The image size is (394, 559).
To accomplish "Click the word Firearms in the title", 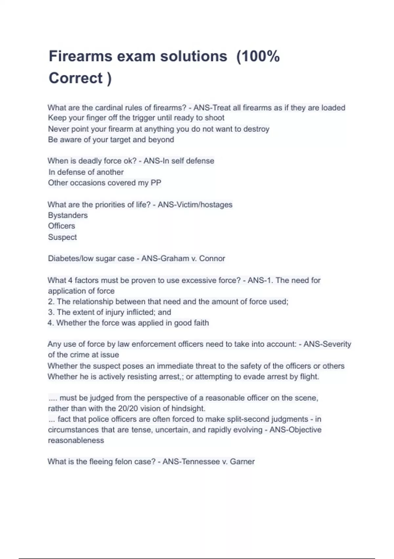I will pyautogui.click(x=80, y=57).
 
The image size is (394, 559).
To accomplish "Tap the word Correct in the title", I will pyautogui.click(x=76, y=78).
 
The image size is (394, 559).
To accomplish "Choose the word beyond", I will pyautogui.click(x=161, y=139).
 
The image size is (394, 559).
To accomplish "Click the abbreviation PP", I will pyautogui.click(x=156, y=183).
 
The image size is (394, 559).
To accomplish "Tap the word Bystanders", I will pyautogui.click(x=68, y=215).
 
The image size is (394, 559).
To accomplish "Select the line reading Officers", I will pyautogui.click(x=62, y=226).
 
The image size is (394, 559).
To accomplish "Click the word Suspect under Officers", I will pyautogui.click(x=62, y=237).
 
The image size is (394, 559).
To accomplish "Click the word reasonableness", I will pyautogui.click(x=76, y=440).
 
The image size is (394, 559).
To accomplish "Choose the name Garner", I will pyautogui.click(x=242, y=462).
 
